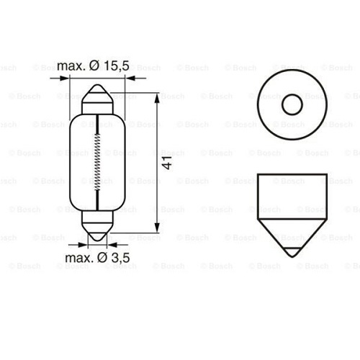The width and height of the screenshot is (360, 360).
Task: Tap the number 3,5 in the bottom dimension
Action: point(113,257)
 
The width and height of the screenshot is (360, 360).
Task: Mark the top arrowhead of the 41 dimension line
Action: point(158,95)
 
